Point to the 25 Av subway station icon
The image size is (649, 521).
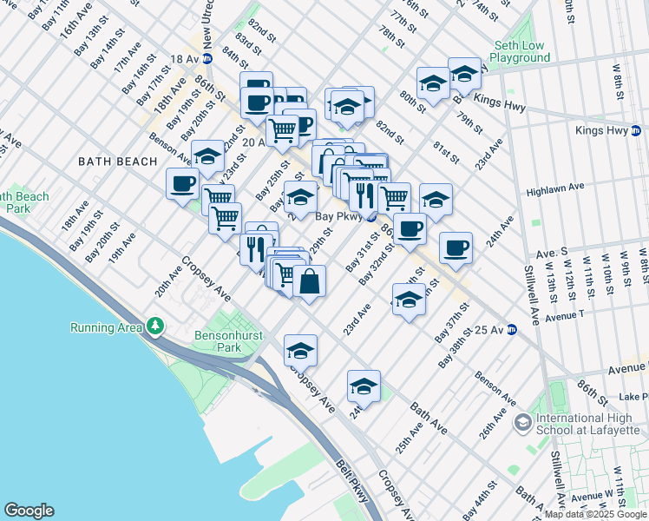512,330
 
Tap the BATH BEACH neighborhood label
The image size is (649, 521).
118,162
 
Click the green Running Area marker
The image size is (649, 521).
155,326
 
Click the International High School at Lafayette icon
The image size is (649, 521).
522,423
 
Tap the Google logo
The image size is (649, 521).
29,511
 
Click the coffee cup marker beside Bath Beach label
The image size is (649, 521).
182,184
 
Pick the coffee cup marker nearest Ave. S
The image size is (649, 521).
456,248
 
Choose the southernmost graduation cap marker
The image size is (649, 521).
364,386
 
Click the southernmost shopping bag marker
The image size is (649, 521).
309,280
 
